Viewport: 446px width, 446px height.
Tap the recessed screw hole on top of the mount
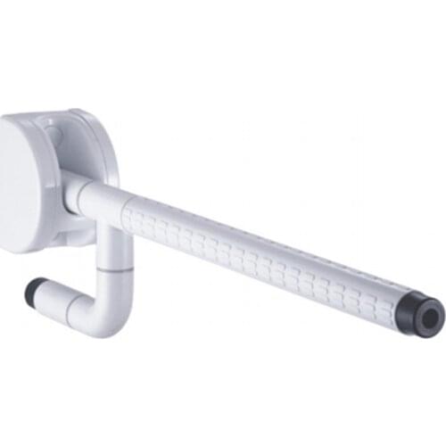pyautogui.click(x=55, y=134)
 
